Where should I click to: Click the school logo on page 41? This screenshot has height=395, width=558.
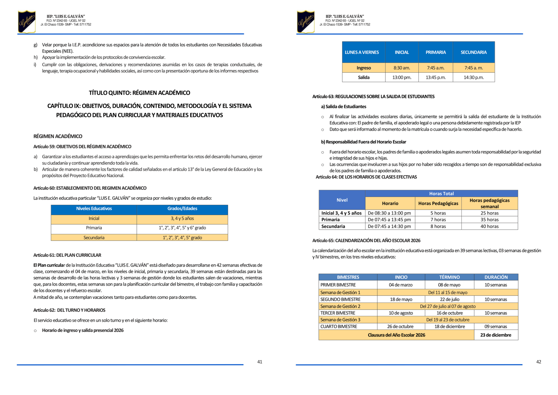pos(27,22)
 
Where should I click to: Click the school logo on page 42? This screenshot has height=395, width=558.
pos(306,22)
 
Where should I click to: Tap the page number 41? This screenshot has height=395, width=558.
pos(260,362)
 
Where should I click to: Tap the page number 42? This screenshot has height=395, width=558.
pos(539,362)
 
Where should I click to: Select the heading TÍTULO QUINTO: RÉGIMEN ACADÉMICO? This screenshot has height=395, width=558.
pos(139,93)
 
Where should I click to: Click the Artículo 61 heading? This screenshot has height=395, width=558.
pos(67,255)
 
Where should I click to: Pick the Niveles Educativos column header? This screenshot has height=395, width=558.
pos(94,209)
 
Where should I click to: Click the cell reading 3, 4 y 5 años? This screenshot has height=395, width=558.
pos(182,219)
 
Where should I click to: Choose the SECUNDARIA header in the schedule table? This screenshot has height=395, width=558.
pos(474,52)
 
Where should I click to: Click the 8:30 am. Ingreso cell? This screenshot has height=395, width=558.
pos(402,68)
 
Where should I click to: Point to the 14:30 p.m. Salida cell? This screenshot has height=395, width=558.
pos(474,77)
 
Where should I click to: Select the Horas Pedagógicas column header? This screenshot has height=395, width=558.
pos(438,204)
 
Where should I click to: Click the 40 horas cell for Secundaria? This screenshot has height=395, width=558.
pos(489,226)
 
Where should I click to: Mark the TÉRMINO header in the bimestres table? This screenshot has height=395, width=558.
pos(449,277)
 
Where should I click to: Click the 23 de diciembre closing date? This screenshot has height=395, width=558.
pos(496,335)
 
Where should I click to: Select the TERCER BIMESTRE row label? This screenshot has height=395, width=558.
pos(338,313)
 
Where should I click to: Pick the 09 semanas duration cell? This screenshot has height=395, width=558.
pos(496,327)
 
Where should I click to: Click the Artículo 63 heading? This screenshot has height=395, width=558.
pos(373,97)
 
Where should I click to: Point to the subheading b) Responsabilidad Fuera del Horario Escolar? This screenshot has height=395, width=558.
pos(363,142)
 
